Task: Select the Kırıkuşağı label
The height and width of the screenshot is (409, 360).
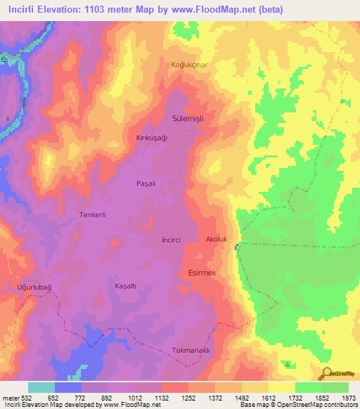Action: tap(153, 138)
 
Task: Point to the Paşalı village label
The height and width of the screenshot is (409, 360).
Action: tap(146, 183)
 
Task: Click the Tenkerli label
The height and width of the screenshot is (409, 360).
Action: tap(92, 215)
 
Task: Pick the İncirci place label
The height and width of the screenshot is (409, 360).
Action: tap(172, 240)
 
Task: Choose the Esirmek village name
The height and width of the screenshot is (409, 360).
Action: tap(205, 272)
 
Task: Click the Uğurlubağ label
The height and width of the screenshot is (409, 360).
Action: tap(35, 287)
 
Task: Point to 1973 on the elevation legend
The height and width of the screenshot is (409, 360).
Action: tap(348, 397)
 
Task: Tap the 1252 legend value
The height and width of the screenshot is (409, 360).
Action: tap(188, 397)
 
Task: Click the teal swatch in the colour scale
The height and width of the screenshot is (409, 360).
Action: tap(41, 387)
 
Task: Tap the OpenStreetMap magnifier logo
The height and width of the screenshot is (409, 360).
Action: tap(325, 373)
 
